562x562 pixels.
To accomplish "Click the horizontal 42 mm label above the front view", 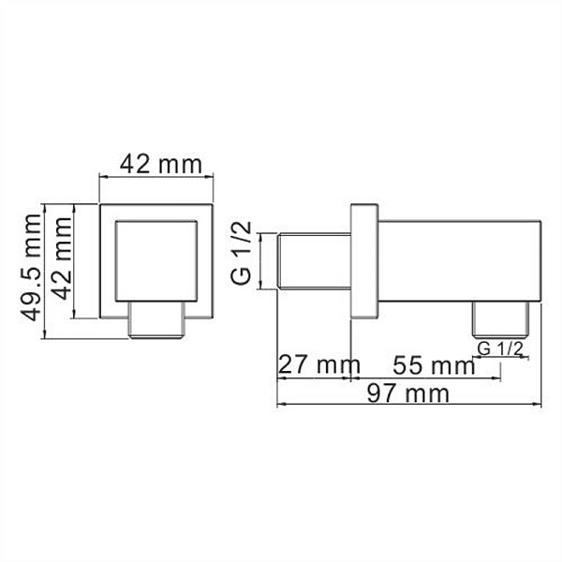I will (158, 166).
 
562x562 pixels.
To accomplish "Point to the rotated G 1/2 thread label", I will (241, 253).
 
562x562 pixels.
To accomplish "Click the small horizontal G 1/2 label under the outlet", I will (499, 348).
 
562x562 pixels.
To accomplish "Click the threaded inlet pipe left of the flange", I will (315, 265).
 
